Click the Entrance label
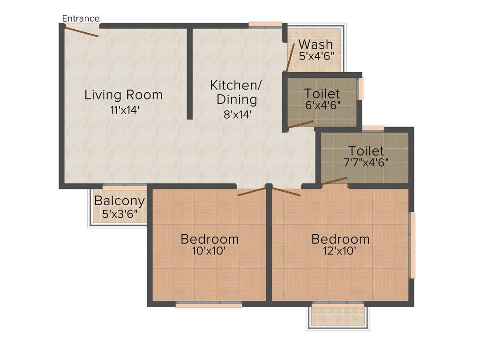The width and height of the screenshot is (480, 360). coord(81,18)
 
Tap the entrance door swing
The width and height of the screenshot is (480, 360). coord(81,32)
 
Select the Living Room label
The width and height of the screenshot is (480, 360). coord(123,95)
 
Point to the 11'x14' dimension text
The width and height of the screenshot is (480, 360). coord(123,111)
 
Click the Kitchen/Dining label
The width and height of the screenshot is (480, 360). coord(235,92)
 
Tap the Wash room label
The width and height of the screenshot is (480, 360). coord(315,45)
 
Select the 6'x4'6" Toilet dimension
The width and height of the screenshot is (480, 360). coord(322,105)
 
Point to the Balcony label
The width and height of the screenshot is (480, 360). coord(120,201)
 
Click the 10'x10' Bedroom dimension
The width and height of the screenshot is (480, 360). coord(210,251)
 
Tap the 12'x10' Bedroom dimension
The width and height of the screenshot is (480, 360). coord(341,251)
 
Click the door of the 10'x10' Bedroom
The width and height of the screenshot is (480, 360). coord(252,192)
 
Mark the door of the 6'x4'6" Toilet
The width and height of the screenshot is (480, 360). coord(300,124)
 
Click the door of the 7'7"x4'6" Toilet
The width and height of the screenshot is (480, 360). coord(334,181)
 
